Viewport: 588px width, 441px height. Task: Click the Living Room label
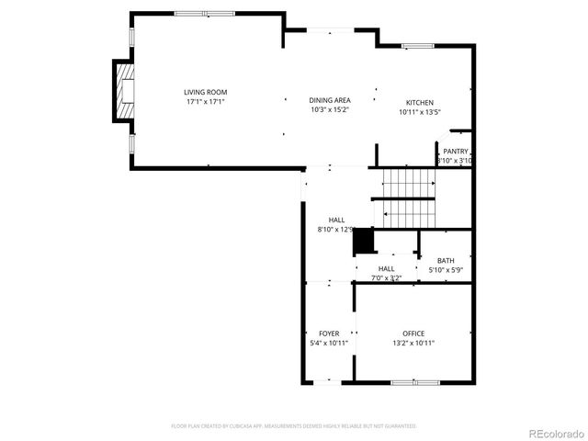pos(205,92)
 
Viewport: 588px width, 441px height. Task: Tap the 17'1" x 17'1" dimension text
pos(205,102)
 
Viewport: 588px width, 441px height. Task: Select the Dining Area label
pos(329,99)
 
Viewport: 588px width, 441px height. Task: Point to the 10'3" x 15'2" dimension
pos(329,109)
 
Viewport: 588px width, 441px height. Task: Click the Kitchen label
pos(420,102)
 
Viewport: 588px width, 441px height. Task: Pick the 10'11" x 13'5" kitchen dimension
pos(420,112)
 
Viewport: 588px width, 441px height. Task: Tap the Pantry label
pos(456,151)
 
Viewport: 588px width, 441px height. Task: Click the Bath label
pos(446,260)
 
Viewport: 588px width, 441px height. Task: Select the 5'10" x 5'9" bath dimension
pos(446,270)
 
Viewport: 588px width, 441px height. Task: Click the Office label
pos(413,333)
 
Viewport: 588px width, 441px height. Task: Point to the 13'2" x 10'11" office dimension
pos(413,343)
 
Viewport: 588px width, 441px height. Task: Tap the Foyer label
pos(329,333)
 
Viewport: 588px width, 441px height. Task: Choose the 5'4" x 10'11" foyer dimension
pos(329,343)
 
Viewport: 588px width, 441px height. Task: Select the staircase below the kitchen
pos(408,198)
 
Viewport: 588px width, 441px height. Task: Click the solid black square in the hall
pos(365,240)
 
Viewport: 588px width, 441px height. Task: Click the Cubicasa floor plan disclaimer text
pos(294,426)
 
